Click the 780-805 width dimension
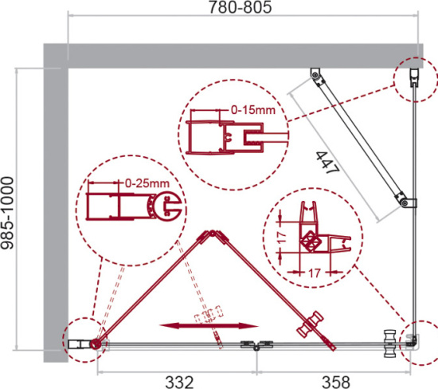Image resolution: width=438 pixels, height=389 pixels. tap(240, 7)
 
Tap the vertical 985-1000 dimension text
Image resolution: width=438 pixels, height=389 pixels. tap(7, 213)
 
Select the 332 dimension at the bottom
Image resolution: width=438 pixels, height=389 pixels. tap(179, 382)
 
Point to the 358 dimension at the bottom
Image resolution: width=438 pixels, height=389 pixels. tap(336, 382)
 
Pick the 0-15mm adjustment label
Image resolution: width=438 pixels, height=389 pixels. tap(253, 110)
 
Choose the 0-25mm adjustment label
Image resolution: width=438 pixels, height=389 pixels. tap(147, 183)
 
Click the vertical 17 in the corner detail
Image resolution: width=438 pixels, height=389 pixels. tap(283, 237)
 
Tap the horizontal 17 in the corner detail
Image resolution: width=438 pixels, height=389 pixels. tap(315, 273)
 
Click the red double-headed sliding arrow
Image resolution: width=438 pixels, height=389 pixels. tap(209, 326)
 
